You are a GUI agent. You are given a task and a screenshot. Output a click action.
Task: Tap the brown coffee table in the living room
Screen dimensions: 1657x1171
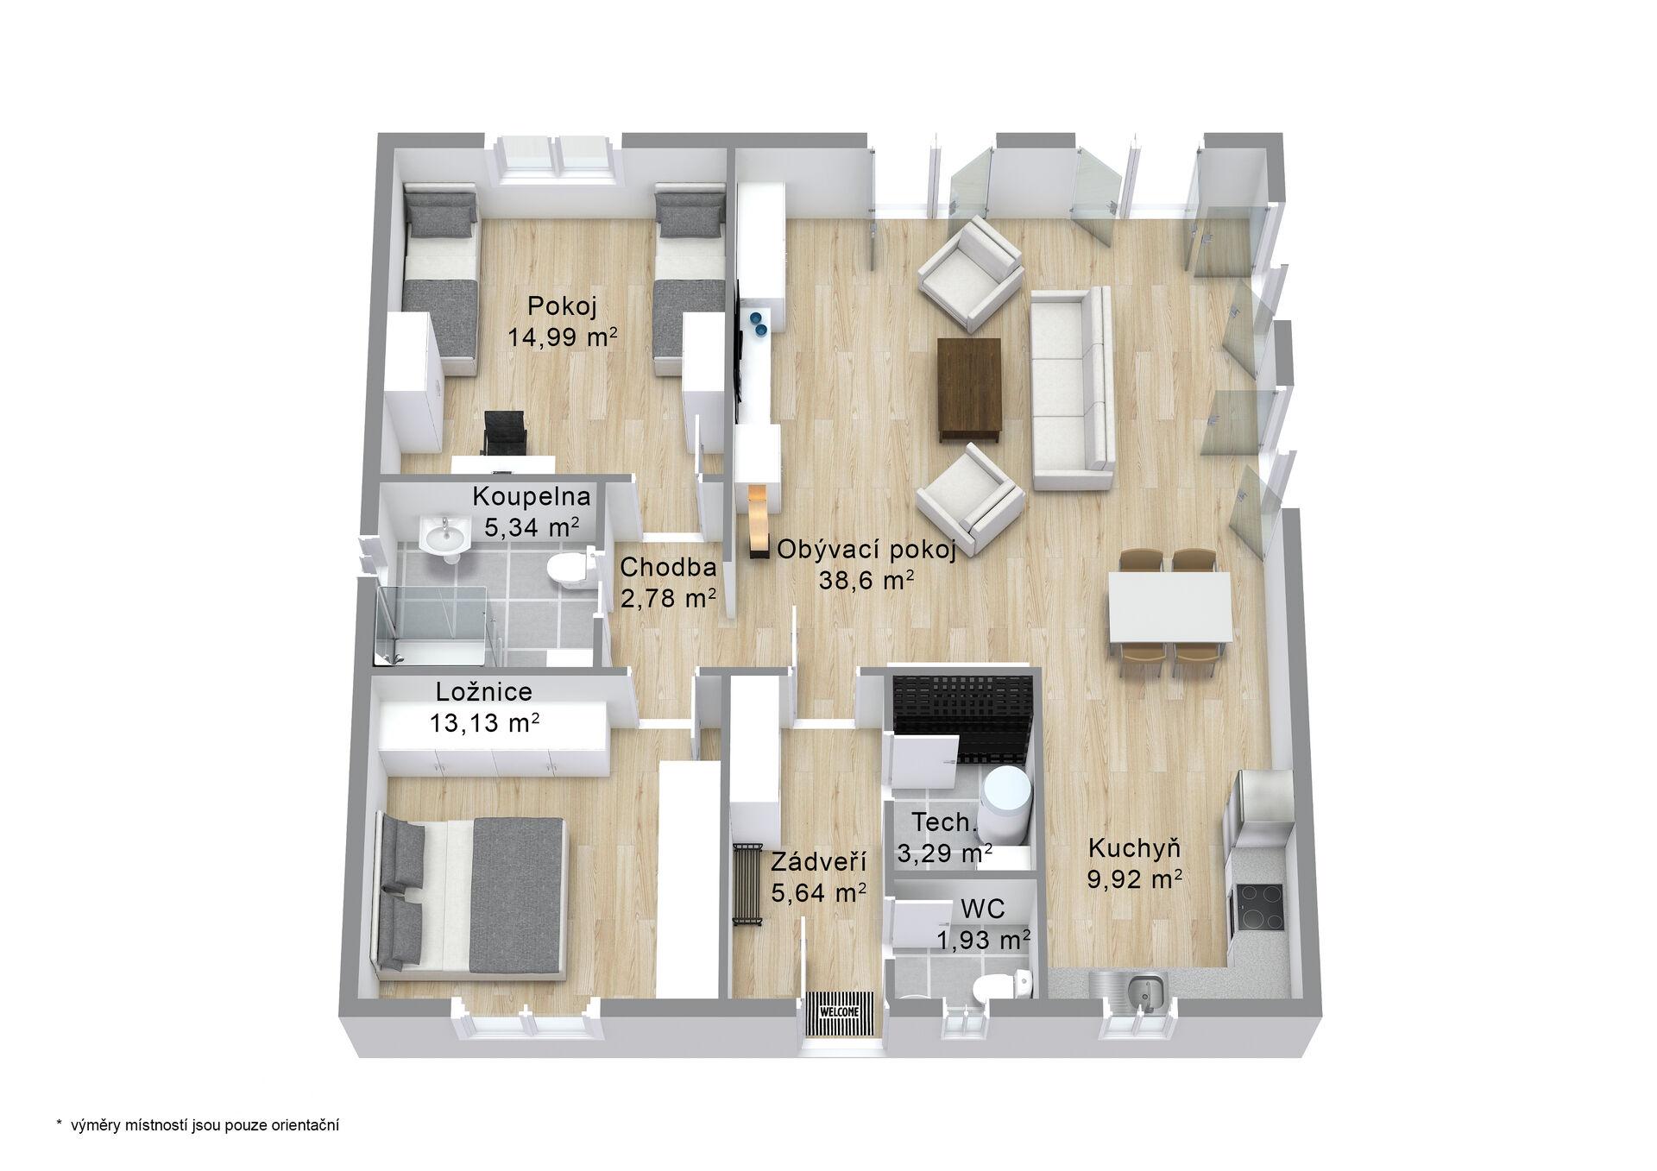click(970, 389)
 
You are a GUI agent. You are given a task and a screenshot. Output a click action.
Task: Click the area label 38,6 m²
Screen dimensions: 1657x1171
click(866, 581)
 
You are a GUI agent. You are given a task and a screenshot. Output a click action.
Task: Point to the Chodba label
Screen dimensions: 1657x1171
click(668, 567)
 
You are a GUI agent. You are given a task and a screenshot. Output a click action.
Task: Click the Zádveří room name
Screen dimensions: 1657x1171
click(819, 862)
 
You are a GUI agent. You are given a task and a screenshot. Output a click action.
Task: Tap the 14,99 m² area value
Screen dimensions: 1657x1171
click(563, 337)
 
